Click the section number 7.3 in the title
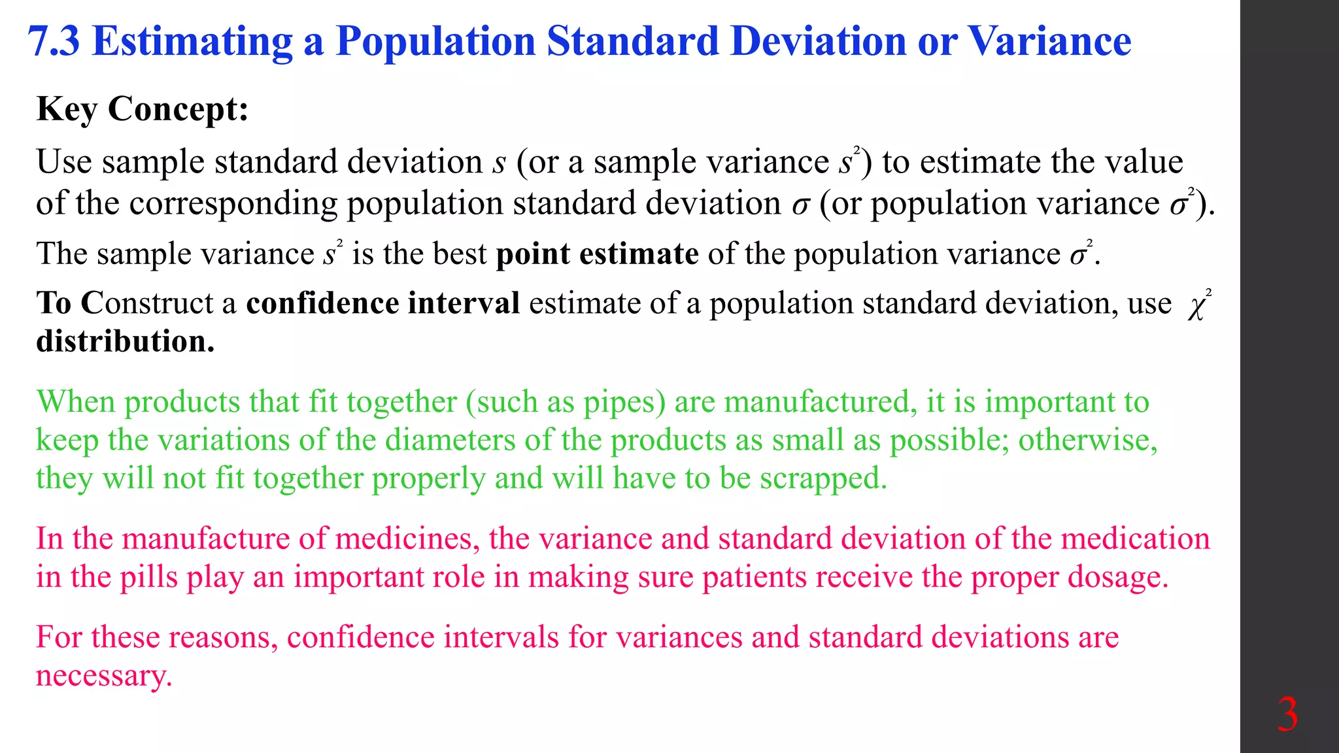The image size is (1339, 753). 54,41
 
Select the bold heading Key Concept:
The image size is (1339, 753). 143,109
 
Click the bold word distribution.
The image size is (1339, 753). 125,341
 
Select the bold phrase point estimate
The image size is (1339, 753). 597,254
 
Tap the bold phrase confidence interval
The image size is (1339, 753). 383,303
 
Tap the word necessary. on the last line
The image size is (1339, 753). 104,675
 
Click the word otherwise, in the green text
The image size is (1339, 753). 1088,440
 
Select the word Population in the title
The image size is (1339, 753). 435,41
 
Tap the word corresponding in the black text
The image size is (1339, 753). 232,203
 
